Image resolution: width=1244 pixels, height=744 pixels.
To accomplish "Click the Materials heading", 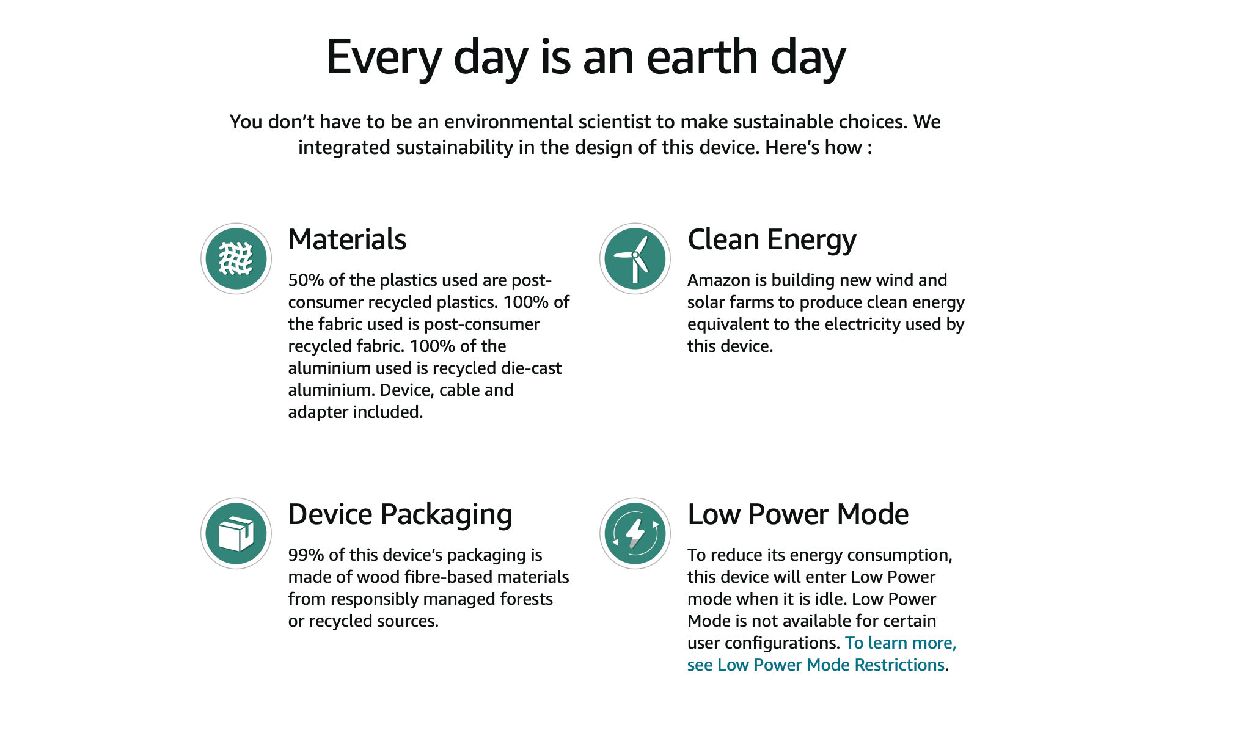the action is click(x=347, y=239).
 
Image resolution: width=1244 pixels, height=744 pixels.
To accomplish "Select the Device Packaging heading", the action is click(x=400, y=515).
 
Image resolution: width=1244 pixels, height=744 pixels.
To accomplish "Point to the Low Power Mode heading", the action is click(x=798, y=514).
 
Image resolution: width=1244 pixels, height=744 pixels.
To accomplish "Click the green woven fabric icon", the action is click(x=236, y=258).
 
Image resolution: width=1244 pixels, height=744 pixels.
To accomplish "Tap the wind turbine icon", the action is click(x=635, y=258).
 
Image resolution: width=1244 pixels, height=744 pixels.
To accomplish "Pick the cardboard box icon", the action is click(x=236, y=533).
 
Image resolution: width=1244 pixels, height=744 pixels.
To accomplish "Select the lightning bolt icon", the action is click(x=635, y=533).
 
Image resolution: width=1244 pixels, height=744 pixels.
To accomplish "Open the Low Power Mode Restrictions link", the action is click(x=822, y=654).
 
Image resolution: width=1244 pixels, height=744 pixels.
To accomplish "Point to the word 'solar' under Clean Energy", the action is click(x=708, y=302).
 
